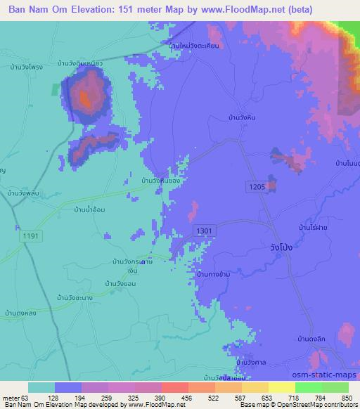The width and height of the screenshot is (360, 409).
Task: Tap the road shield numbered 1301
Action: click(x=204, y=230)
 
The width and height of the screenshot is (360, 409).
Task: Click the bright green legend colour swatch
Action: click(x=307, y=388)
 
